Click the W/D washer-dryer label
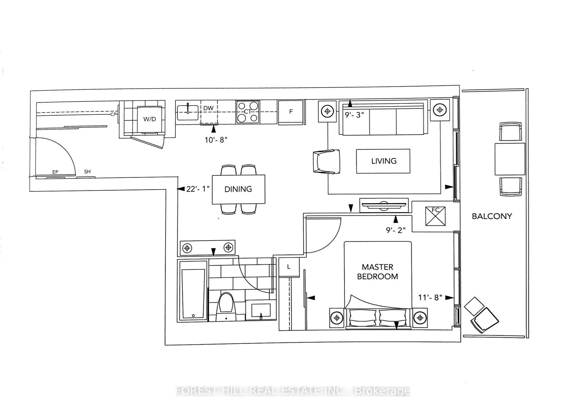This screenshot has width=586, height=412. (150, 119)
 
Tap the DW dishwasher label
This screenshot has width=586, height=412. (208, 108)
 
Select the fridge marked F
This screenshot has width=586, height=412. (291, 112)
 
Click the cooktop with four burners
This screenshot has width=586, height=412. (248, 112)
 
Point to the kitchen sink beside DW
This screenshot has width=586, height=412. (187, 112)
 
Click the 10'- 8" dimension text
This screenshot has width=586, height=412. (216, 140)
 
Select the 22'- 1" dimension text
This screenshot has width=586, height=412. (198, 189)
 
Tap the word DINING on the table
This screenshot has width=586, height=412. (238, 189)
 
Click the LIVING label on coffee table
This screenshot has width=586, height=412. (384, 161)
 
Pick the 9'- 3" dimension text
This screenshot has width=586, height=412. (354, 115)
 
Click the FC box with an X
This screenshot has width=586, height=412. (435, 216)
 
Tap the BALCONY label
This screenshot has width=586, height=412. (492, 216)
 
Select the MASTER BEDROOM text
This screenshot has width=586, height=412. (378, 272)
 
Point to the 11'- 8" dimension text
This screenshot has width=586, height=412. (430, 298)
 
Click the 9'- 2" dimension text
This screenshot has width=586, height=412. (396, 230)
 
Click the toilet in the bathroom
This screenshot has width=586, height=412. (226, 307)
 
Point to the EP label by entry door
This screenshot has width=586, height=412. (55, 172)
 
